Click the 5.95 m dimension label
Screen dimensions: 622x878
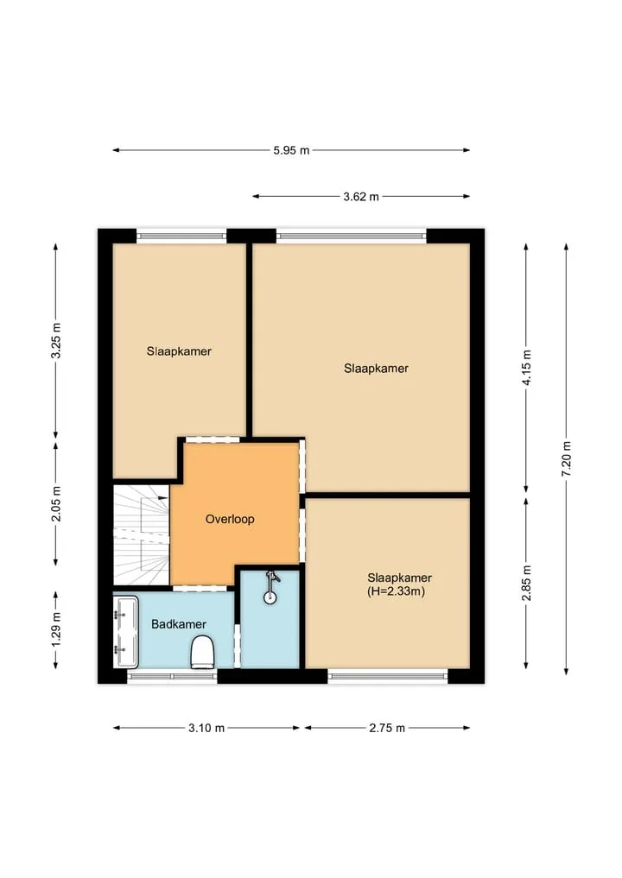point(291,150)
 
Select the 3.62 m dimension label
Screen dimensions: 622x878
point(361,197)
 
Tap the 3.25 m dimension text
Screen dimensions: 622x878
point(55,340)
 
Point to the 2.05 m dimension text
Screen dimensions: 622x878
point(55,503)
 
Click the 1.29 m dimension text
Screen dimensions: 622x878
point(55,629)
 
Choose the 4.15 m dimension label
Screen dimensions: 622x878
point(526,367)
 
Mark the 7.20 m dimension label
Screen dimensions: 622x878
point(567,458)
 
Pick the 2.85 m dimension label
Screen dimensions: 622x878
point(526,583)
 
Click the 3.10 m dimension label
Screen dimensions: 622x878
point(206,728)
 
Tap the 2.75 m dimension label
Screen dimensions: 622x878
point(387,728)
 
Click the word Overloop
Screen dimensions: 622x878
point(230,519)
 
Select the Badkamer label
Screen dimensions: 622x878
point(179,624)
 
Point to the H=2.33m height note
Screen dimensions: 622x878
point(397,591)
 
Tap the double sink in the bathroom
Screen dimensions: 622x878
point(126,632)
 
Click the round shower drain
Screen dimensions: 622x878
point(270,597)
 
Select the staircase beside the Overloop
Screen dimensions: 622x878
point(141,534)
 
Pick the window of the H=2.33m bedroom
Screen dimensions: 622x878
point(388,677)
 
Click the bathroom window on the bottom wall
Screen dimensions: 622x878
point(173,677)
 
